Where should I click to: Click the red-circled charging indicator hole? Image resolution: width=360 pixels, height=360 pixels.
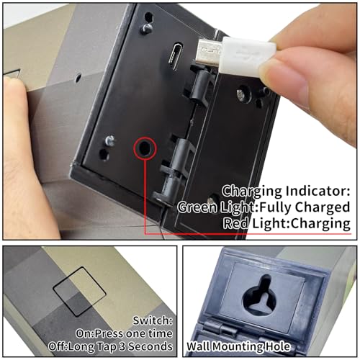[x=145, y=148]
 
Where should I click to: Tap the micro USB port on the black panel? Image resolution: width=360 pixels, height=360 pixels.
[x=176, y=56]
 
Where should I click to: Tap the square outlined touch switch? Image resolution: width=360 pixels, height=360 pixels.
[x=79, y=292]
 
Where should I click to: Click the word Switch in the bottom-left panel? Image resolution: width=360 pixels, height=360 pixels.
[x=153, y=320]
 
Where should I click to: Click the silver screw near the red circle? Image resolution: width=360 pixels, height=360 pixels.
[x=110, y=140]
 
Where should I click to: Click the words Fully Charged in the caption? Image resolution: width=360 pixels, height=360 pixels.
[x=305, y=207]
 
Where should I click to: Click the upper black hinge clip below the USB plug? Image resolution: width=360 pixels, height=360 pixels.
[x=201, y=84]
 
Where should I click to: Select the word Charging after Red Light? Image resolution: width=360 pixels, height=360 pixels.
[x=320, y=223]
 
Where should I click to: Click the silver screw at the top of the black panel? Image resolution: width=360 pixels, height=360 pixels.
[x=146, y=28]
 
